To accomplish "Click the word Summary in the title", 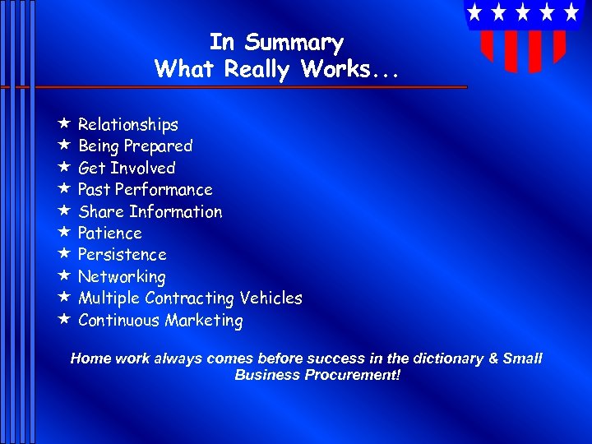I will tap(294, 43).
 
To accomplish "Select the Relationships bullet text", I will tap(127, 125).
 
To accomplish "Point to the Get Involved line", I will tap(127, 169).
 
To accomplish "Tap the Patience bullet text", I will tap(109, 234).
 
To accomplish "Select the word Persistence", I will tap(122, 255).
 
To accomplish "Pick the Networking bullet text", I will tap(122, 277).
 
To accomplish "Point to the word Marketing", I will tap(204, 321).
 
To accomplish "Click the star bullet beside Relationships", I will tap(63, 124).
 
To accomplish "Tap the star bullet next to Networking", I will tap(63, 276).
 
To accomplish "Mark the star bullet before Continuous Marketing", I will tap(63, 320).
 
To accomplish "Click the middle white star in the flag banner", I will tap(523, 12).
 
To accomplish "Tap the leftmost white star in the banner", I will tap(474, 12).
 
